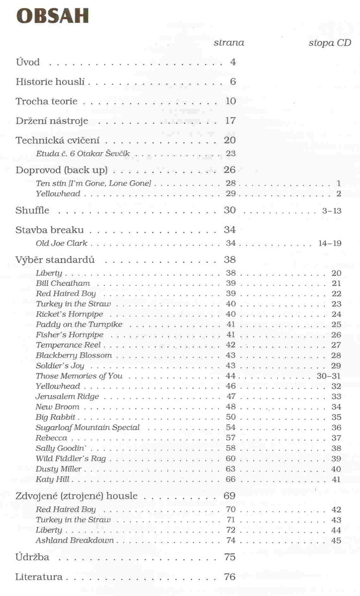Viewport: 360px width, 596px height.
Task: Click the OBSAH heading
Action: pyautogui.click(x=53, y=16)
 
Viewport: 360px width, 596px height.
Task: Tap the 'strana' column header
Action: pyautogui.click(x=228, y=43)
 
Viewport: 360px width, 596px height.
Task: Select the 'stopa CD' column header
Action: pyautogui.click(x=330, y=43)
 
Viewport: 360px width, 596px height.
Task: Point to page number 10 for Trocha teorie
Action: pyautogui.click(x=230, y=101)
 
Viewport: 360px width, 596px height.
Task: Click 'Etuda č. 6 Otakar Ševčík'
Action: pyautogui.click(x=83, y=153)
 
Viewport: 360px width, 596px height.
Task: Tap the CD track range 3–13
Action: pyautogui.click(x=332, y=211)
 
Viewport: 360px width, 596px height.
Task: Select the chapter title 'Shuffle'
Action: pyautogui.click(x=32, y=210)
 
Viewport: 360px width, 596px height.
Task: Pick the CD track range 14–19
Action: pyautogui.click(x=330, y=243)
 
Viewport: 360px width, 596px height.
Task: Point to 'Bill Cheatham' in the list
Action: pyautogui.click(x=63, y=283)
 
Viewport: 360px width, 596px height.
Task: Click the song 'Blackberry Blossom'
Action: pyautogui.click(x=74, y=356)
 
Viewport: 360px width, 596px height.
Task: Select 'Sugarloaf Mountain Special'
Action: pyautogui.click(x=88, y=428)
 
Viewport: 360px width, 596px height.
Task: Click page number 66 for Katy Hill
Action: pyautogui.click(x=230, y=479)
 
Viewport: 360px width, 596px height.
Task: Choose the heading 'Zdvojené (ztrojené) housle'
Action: pyautogui.click(x=83, y=496)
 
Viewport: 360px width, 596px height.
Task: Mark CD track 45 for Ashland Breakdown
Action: pyautogui.click(x=336, y=540)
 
